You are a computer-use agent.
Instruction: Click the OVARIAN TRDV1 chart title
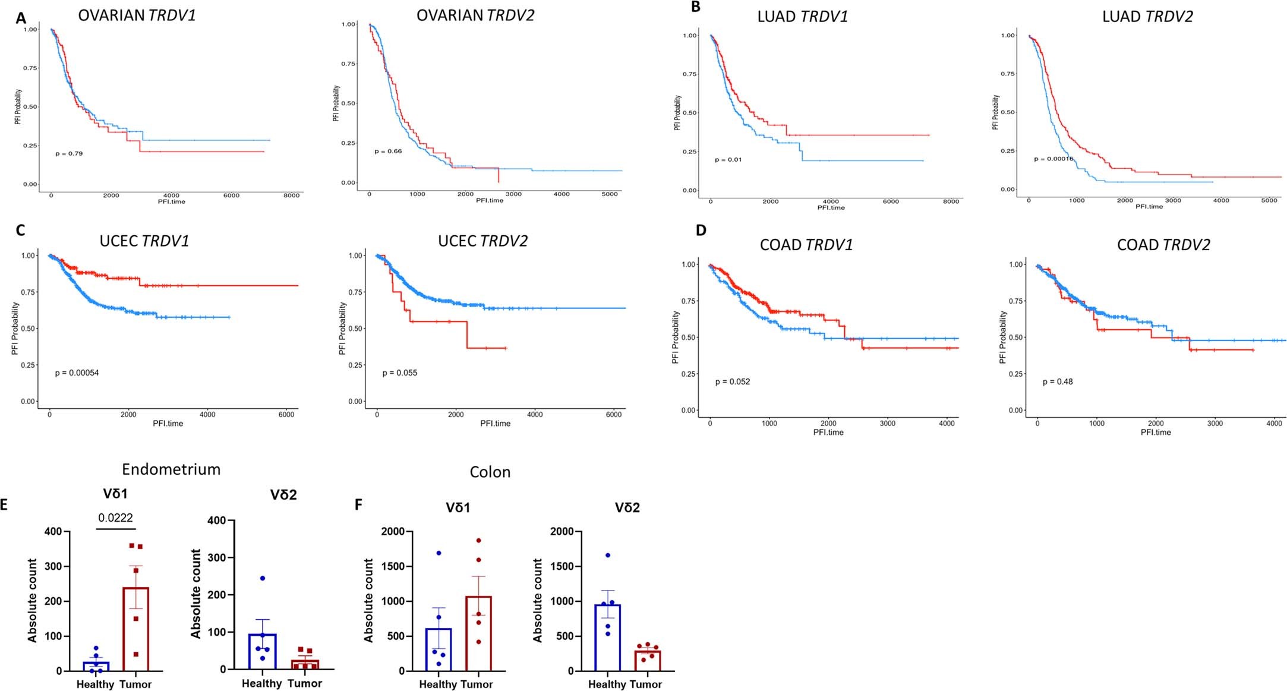[x=137, y=15]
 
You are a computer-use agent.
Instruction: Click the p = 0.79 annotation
[x=69, y=154]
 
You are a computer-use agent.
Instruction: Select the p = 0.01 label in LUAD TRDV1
[x=728, y=160]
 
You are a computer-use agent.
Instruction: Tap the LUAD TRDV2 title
[x=1147, y=17]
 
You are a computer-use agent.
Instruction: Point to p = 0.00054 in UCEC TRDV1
[x=77, y=373]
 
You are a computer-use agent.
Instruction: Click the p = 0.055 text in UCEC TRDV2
[x=399, y=373]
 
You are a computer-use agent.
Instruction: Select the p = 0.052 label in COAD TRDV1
[x=732, y=382]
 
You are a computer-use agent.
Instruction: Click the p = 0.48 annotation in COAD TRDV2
[x=1058, y=382]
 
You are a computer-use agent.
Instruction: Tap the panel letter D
[x=701, y=231]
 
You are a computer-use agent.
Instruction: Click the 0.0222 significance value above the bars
[x=115, y=518]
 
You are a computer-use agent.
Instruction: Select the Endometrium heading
[x=171, y=469]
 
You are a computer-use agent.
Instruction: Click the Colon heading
[x=490, y=472]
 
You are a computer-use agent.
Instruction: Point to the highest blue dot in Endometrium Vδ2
[x=263, y=578]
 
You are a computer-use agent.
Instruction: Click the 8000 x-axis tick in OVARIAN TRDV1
[x=291, y=195]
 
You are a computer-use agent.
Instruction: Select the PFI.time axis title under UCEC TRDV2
[x=495, y=424]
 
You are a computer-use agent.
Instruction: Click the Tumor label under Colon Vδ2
[x=646, y=684]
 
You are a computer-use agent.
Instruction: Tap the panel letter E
[x=4, y=505]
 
